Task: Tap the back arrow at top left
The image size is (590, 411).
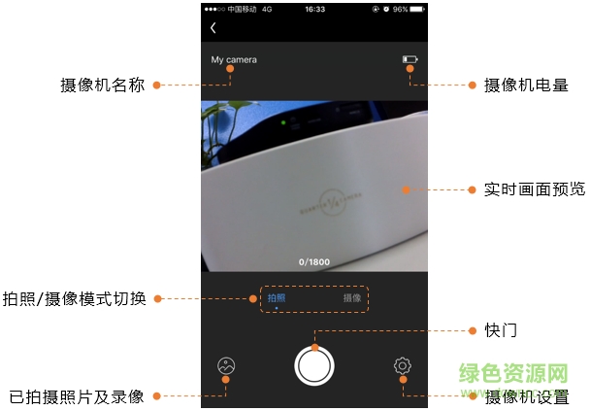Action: (x=213, y=28)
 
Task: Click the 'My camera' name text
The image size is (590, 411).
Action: (x=234, y=60)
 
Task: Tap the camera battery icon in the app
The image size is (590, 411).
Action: (x=410, y=60)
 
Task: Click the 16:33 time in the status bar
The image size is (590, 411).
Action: (x=314, y=8)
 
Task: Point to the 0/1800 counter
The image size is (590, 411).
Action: (x=314, y=261)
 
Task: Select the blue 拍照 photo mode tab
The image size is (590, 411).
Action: (x=277, y=297)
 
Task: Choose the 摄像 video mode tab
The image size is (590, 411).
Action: (x=352, y=297)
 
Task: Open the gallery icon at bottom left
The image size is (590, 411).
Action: (x=226, y=366)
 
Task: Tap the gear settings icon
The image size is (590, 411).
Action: (x=403, y=366)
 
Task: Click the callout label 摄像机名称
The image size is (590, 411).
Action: (x=102, y=86)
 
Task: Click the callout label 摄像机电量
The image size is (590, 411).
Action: (x=525, y=86)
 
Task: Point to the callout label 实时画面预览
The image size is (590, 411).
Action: (x=534, y=189)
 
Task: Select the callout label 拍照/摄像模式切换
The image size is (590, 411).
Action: (x=75, y=298)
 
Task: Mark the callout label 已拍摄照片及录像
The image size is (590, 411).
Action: (x=77, y=396)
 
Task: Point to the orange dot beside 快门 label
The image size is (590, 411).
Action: (x=472, y=330)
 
